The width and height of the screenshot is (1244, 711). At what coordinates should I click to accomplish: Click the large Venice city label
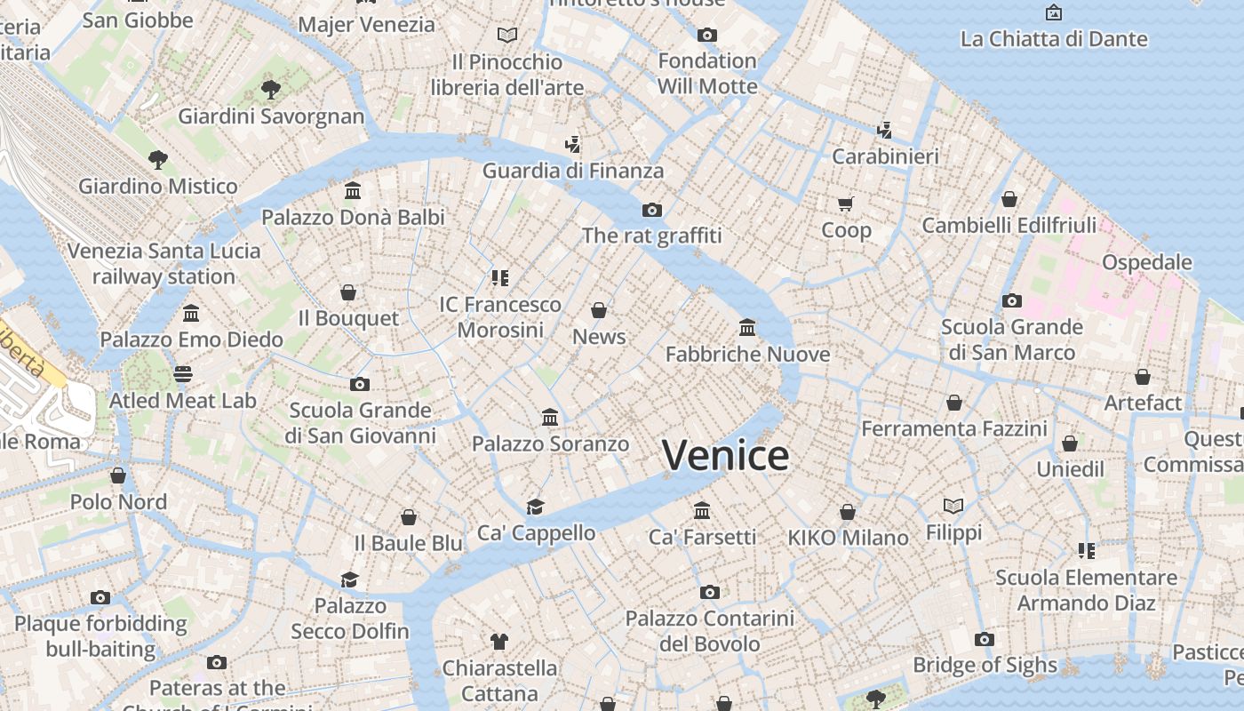point(725,456)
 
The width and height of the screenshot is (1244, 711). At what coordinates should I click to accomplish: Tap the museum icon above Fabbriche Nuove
point(747,328)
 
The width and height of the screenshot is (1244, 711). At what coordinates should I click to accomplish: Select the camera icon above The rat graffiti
point(652,210)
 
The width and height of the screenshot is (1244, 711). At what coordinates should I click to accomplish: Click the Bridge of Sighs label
point(985,665)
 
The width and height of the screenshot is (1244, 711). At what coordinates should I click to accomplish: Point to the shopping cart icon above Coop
point(846,204)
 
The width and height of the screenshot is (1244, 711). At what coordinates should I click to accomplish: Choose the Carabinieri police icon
point(884,131)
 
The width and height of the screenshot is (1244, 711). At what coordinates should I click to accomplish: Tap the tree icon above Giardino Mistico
point(158,160)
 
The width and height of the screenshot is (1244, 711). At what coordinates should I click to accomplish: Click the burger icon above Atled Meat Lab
point(183,374)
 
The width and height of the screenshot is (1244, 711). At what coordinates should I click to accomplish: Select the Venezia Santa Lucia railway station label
point(164,263)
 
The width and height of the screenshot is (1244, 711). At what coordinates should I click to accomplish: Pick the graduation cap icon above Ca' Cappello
point(535,507)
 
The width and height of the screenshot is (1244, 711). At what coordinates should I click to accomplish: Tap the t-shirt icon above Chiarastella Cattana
point(498,641)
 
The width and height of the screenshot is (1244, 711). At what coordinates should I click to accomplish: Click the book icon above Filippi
point(953,506)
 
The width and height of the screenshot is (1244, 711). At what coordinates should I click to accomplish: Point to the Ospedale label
point(1146,262)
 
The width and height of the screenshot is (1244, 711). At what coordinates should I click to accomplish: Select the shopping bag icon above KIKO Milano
point(848,512)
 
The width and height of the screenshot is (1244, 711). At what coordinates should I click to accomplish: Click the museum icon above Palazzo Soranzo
point(550,417)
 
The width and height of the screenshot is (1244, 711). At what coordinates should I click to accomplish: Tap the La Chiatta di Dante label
point(1054,39)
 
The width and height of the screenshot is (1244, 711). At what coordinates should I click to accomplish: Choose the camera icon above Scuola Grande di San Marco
point(1011,300)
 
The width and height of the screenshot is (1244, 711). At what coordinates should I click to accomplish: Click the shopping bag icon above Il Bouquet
point(348,292)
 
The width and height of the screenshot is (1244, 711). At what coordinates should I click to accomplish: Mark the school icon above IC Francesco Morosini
point(500,278)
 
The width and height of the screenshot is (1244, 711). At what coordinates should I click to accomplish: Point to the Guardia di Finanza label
point(573,171)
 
